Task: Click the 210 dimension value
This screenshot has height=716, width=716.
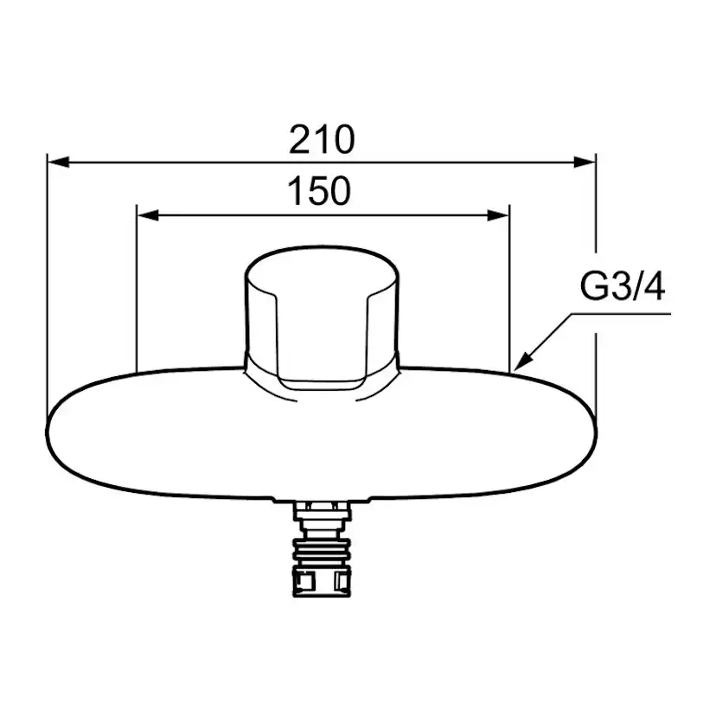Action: coord(322,139)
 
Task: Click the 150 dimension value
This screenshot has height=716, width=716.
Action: coord(320,190)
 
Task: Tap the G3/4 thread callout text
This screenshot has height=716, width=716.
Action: coord(622,287)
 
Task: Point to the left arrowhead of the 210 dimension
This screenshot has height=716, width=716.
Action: coord(59,162)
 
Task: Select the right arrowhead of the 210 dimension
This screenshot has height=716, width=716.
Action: coord(585,162)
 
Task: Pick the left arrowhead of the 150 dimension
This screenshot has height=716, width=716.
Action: coord(148,215)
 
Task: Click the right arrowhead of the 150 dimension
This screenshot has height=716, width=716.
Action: coord(498,215)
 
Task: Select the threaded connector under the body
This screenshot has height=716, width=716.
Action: coord(322,548)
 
